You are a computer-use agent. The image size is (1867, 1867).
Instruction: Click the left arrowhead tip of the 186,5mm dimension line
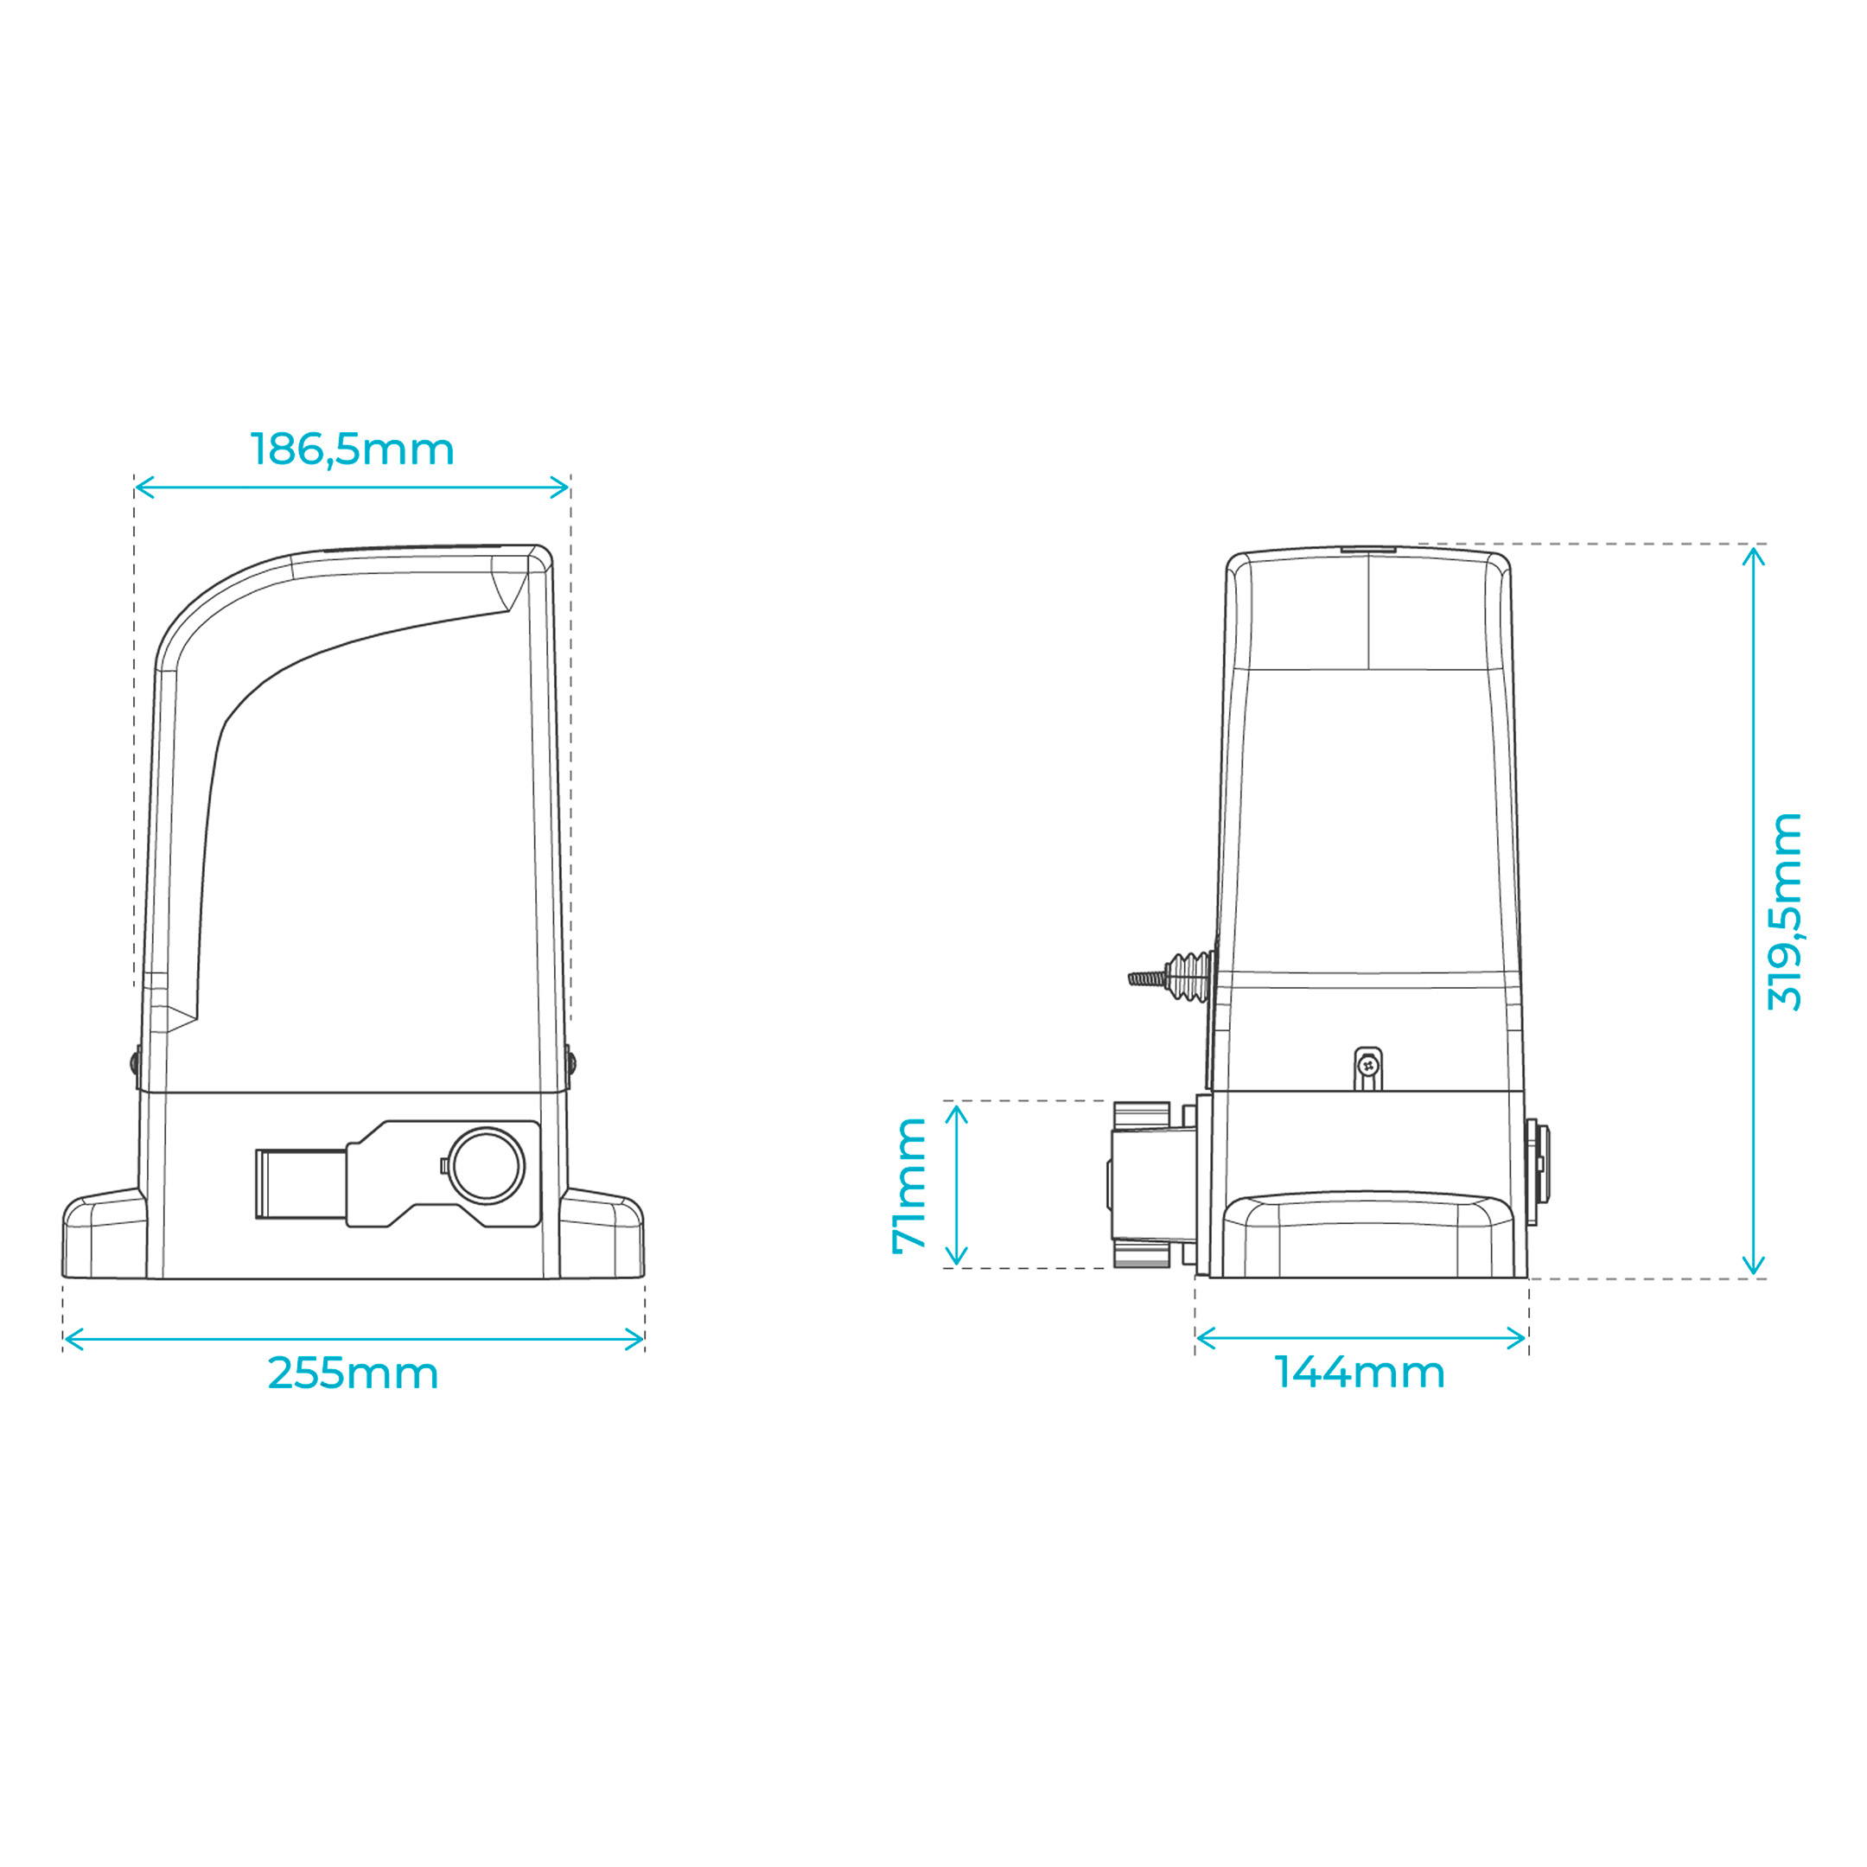tap(137, 487)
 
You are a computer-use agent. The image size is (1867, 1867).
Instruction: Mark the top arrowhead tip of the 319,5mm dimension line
tap(1753, 547)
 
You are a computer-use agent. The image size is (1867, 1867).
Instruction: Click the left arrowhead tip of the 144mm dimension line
tap(1196, 1338)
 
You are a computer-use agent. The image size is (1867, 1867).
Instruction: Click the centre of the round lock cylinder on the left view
tap(486, 1165)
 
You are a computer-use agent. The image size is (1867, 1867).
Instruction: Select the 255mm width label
tap(353, 1373)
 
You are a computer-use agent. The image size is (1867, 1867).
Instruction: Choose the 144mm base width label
tap(1360, 1373)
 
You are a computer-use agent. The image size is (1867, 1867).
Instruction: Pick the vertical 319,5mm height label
tap(1784, 912)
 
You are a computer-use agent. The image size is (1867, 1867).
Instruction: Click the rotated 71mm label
tap(909, 1185)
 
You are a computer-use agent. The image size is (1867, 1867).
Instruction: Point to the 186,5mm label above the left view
tap(352, 449)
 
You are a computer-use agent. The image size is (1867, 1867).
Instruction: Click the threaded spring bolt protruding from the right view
tap(1170, 977)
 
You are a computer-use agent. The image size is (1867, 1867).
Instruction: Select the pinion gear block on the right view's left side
tap(1152, 1184)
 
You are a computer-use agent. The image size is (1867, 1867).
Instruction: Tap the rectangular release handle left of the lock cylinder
tap(301, 1184)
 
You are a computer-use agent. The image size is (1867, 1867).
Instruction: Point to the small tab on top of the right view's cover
tap(1368, 549)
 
